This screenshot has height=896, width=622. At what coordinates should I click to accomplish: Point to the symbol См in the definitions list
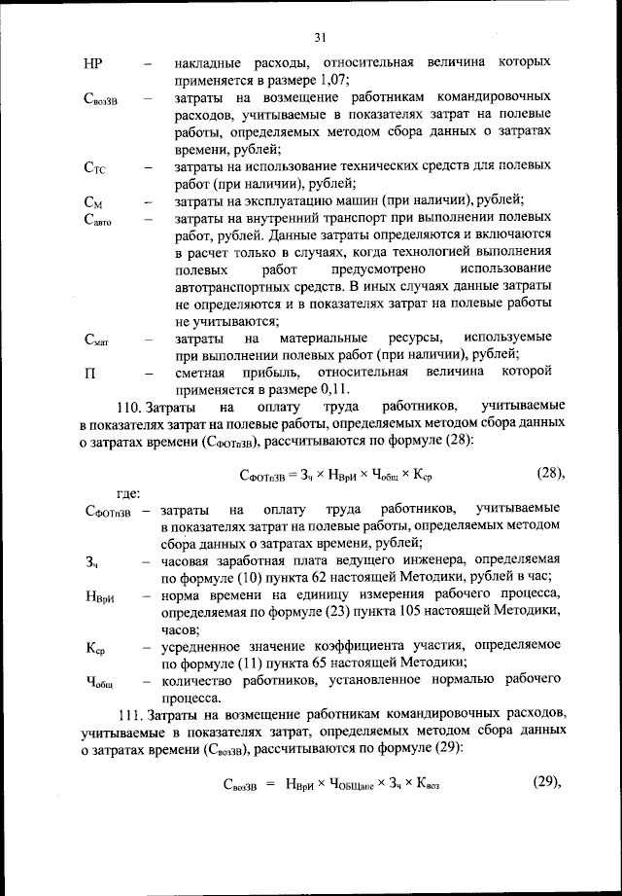[93, 202]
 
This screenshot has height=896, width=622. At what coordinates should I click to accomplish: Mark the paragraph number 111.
[131, 713]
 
